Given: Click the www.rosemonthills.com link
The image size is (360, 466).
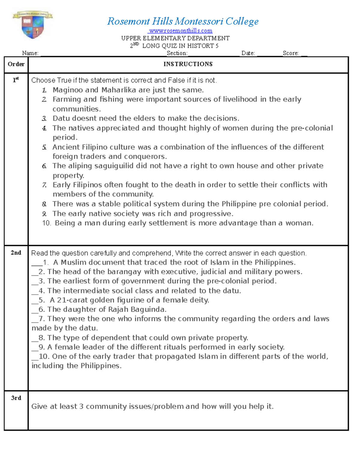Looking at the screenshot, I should tap(181, 31).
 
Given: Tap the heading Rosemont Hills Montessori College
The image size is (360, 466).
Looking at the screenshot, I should tap(183, 21).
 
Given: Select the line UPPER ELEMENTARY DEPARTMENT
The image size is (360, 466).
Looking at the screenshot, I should tap(175, 38).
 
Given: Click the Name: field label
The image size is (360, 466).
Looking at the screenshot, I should tap(30, 53).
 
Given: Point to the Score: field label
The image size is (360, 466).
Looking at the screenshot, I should tap(290, 53).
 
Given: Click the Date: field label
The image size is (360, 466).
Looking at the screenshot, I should tap(248, 53).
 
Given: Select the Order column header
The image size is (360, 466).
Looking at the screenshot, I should tap(16, 64).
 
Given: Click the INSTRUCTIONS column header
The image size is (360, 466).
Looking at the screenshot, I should tap(188, 64).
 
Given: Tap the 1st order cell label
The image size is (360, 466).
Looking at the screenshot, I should tap(16, 80).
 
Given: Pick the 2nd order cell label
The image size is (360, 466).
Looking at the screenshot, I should tap(16, 253).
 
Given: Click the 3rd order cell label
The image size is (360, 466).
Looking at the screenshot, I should tap(16, 398).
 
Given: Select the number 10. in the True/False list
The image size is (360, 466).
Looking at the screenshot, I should tap(46, 223).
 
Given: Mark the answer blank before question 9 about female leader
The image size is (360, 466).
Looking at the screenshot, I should tap(35, 347).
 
